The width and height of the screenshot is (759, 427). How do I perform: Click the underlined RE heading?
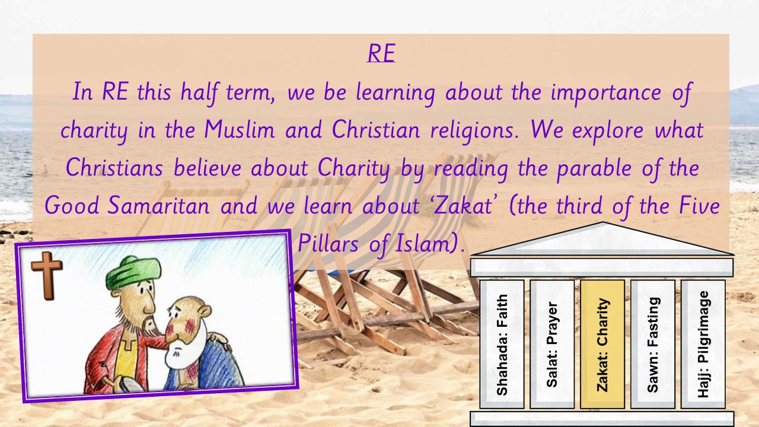[x=381, y=53]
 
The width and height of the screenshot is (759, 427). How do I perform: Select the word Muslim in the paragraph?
[x=239, y=130]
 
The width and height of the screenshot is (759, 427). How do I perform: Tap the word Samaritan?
[x=160, y=206]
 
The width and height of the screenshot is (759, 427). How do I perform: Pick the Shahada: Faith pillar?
[x=502, y=344]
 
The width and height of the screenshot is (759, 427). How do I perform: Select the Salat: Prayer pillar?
[x=552, y=344]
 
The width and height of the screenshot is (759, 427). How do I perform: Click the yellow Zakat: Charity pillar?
[x=602, y=344]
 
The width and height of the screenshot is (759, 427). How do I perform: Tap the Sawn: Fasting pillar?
[x=653, y=344]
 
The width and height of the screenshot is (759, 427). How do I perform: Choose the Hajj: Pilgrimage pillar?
[x=703, y=344]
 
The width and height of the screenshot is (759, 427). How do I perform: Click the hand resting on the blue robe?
[x=219, y=339]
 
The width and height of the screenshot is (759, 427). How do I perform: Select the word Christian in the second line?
[x=376, y=130]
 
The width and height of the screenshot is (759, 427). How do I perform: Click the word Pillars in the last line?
[x=328, y=244]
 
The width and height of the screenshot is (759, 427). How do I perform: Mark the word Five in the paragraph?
[x=699, y=206]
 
